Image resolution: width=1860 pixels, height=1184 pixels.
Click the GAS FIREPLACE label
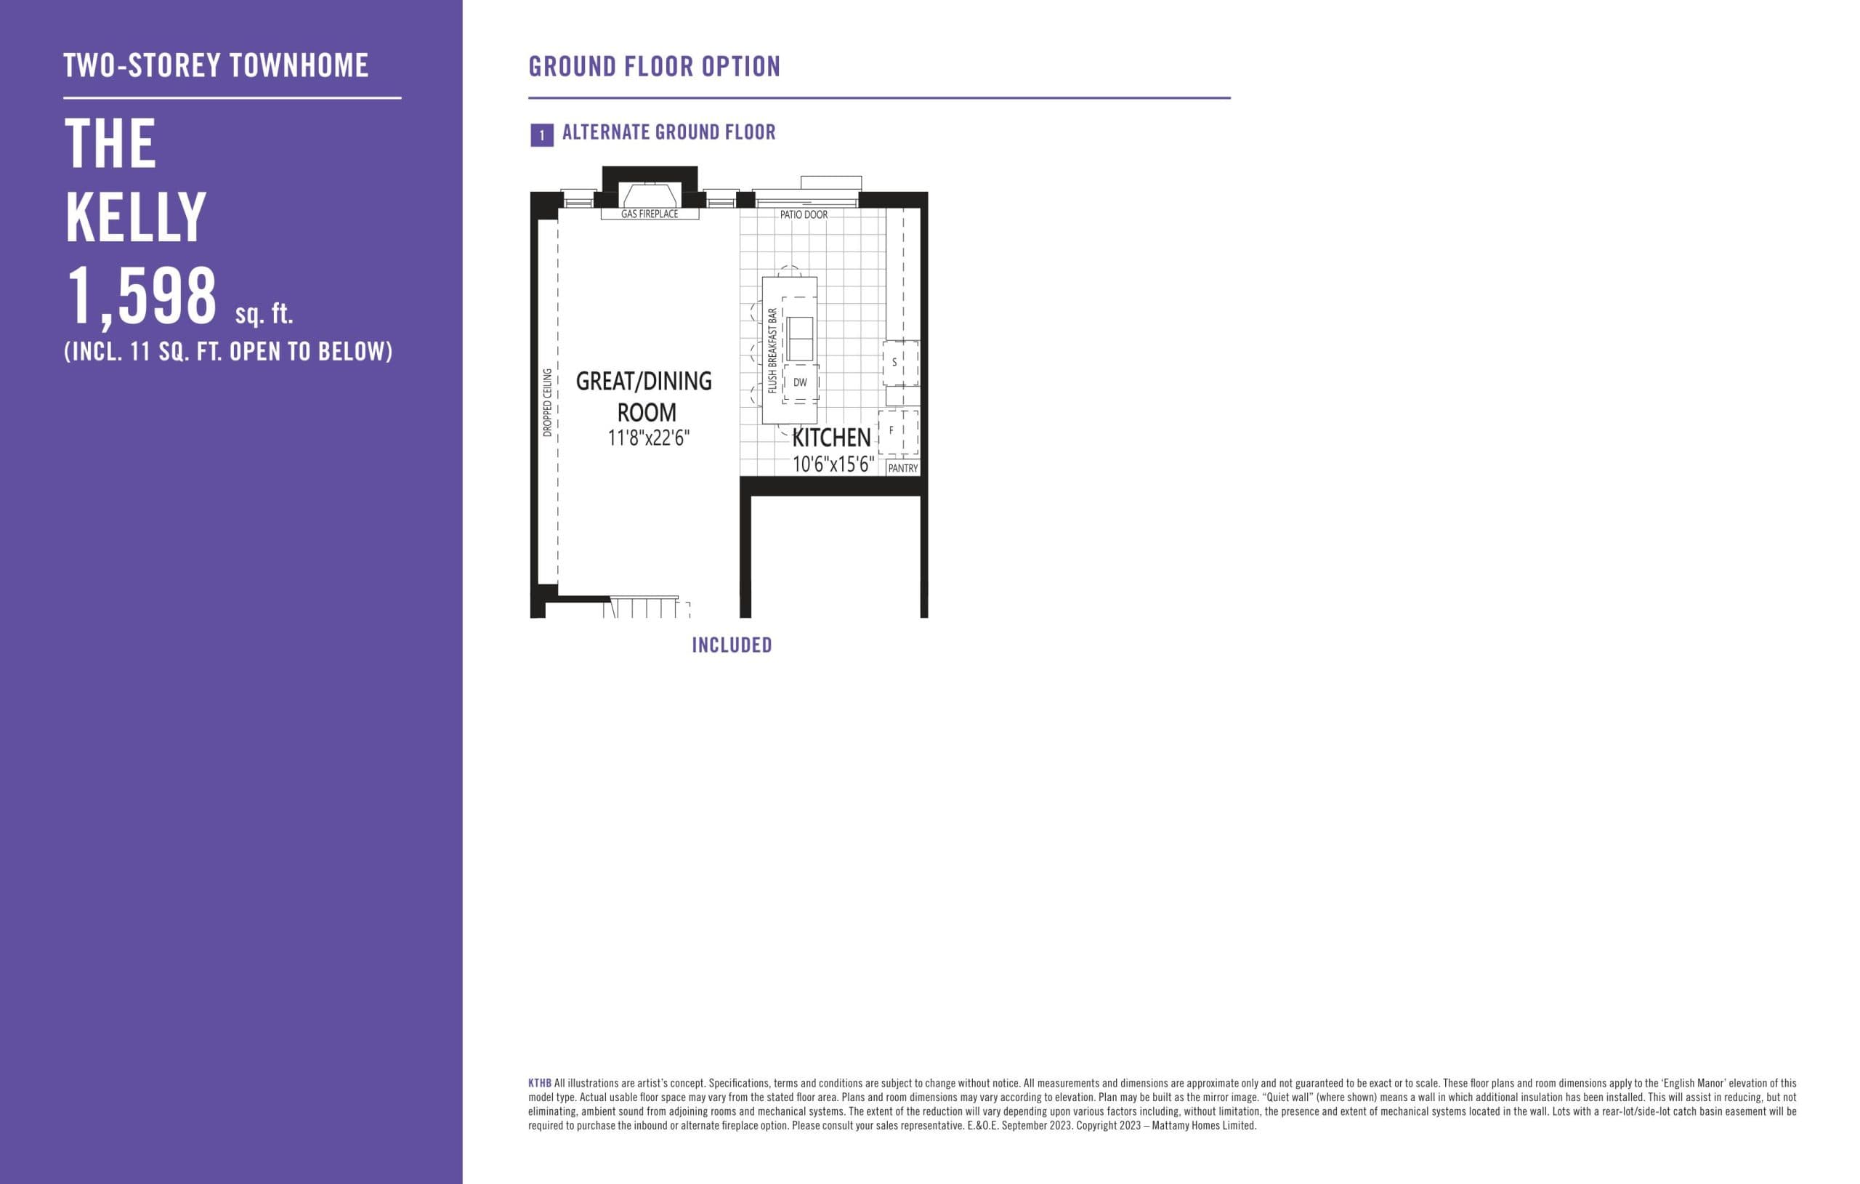(x=650, y=214)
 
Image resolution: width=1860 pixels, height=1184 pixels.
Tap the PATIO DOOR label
(x=804, y=215)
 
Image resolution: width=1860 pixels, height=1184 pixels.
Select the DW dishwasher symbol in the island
(x=799, y=382)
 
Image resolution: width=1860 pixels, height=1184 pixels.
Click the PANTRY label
(x=902, y=468)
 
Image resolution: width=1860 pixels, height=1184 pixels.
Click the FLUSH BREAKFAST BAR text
(x=772, y=350)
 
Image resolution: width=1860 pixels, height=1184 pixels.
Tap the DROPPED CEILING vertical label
(x=548, y=403)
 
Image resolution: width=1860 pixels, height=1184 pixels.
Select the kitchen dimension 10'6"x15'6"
(x=833, y=464)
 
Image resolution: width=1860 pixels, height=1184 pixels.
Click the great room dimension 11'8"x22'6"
(x=648, y=438)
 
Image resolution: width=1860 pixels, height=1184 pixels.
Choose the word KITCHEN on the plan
(x=831, y=438)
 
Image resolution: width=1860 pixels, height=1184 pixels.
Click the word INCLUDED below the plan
(x=732, y=645)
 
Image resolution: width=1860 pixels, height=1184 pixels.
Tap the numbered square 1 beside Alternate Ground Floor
(x=541, y=135)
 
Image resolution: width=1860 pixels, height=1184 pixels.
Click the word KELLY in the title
(x=136, y=218)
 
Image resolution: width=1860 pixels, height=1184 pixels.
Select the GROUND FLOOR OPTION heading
(x=654, y=68)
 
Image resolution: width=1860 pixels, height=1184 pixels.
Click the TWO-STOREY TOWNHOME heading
(x=216, y=65)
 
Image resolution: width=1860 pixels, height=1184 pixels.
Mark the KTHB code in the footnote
(x=539, y=1084)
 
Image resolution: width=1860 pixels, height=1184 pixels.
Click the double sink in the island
(x=799, y=339)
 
